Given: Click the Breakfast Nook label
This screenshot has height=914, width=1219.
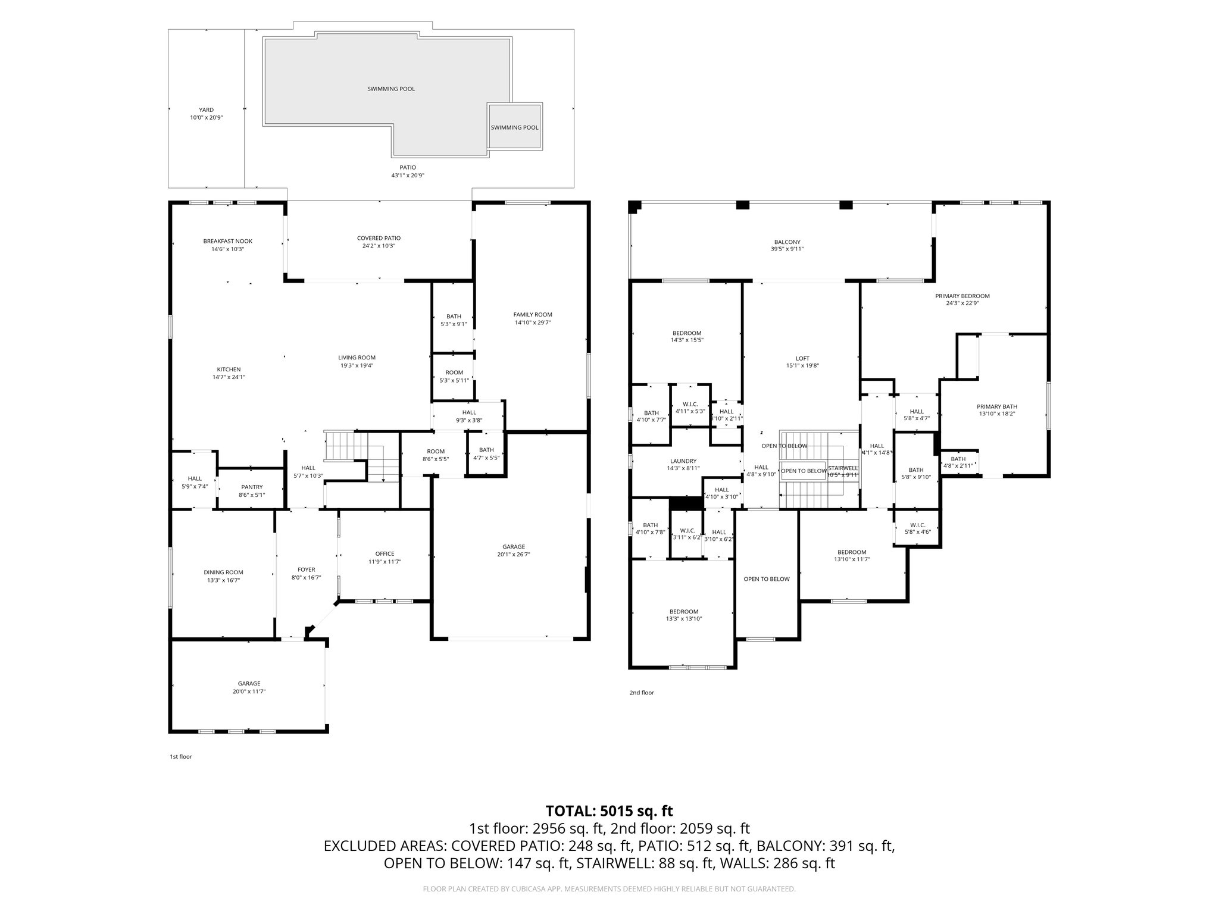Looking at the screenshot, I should pos(227,241).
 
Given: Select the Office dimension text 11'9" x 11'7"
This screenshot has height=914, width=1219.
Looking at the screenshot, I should pos(385,562).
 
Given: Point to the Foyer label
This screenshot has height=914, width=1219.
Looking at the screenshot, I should pos(307,569).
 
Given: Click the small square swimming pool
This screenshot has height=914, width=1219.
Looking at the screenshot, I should pos(514,127).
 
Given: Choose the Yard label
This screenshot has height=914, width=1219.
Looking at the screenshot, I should pos(206,109).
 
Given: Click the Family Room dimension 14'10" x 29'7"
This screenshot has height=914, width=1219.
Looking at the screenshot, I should pos(533,323).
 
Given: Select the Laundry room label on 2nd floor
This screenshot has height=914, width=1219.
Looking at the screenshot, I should pos(683,461).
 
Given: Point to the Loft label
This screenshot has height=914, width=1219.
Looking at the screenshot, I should pos(802,358).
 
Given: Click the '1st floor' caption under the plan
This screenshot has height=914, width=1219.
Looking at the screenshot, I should pos(181,757).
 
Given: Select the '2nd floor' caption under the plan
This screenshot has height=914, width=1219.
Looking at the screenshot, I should pos(642,693).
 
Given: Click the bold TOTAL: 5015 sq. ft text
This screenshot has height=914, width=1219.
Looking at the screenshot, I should pos(609,810).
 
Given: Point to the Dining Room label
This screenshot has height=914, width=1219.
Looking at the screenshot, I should pos(223,572).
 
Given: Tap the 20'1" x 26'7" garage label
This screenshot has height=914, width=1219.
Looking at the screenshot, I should pos(513,555).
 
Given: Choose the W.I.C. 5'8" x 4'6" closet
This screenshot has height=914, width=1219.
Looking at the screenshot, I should pos(917,528).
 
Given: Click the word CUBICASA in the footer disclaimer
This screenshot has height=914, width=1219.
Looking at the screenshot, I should pos(526,889).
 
